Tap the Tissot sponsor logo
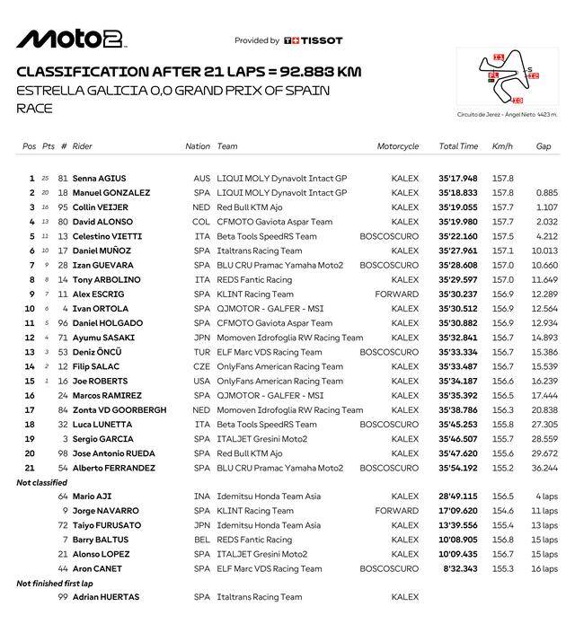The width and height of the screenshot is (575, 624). click(314, 40)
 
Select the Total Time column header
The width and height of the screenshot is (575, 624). click(458, 146)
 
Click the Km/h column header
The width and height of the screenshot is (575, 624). click(502, 146)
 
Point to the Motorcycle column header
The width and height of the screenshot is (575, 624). click(398, 146)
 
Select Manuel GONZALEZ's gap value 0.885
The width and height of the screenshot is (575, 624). click(546, 193)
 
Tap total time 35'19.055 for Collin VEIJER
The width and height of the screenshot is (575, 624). click(458, 207)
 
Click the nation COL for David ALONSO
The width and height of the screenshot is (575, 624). click(201, 222)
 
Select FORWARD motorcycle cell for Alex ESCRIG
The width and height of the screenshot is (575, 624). click(397, 294)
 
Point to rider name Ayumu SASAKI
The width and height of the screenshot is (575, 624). click(104, 338)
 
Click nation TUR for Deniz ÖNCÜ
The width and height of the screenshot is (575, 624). click(201, 352)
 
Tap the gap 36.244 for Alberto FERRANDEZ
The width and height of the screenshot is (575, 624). click(544, 468)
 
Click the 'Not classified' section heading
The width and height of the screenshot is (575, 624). click(42, 482)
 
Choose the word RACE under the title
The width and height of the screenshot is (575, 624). click(34, 110)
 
